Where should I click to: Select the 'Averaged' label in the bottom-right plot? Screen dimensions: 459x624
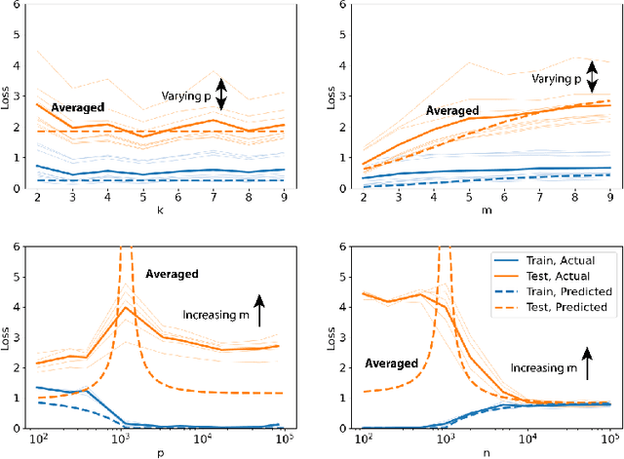[391, 363]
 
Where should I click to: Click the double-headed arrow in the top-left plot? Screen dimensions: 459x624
[220, 94]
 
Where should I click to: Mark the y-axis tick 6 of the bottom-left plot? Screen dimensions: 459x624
[23, 247]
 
